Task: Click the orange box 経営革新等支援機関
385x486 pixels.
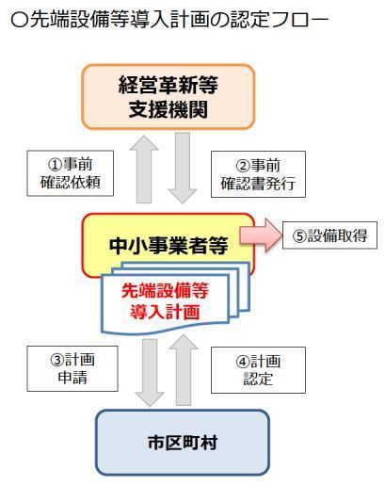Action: [x=168, y=97]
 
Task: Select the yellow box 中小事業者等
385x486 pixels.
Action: [x=168, y=245]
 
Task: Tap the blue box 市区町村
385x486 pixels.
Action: [x=183, y=443]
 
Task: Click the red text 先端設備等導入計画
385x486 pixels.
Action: [x=166, y=301]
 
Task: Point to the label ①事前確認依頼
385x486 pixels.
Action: [x=71, y=173]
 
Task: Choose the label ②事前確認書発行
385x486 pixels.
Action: [x=258, y=174]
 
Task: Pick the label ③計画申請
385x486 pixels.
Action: [x=72, y=368]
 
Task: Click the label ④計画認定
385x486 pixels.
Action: [x=258, y=370]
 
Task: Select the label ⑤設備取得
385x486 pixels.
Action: [x=329, y=235]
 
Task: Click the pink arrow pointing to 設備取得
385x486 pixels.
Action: [x=261, y=235]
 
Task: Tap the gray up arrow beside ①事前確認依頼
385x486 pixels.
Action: [x=144, y=170]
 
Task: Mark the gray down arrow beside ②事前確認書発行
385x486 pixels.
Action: [x=183, y=168]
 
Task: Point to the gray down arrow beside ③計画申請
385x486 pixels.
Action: [x=150, y=373]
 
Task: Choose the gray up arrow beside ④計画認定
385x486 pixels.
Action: [x=184, y=370]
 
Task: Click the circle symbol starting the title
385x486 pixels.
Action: [x=20, y=21]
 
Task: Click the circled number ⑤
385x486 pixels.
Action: [x=299, y=236]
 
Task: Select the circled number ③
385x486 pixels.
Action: [x=57, y=360]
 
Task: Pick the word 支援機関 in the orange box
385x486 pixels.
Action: [x=168, y=109]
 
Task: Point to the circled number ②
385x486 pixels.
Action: [x=243, y=166]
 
